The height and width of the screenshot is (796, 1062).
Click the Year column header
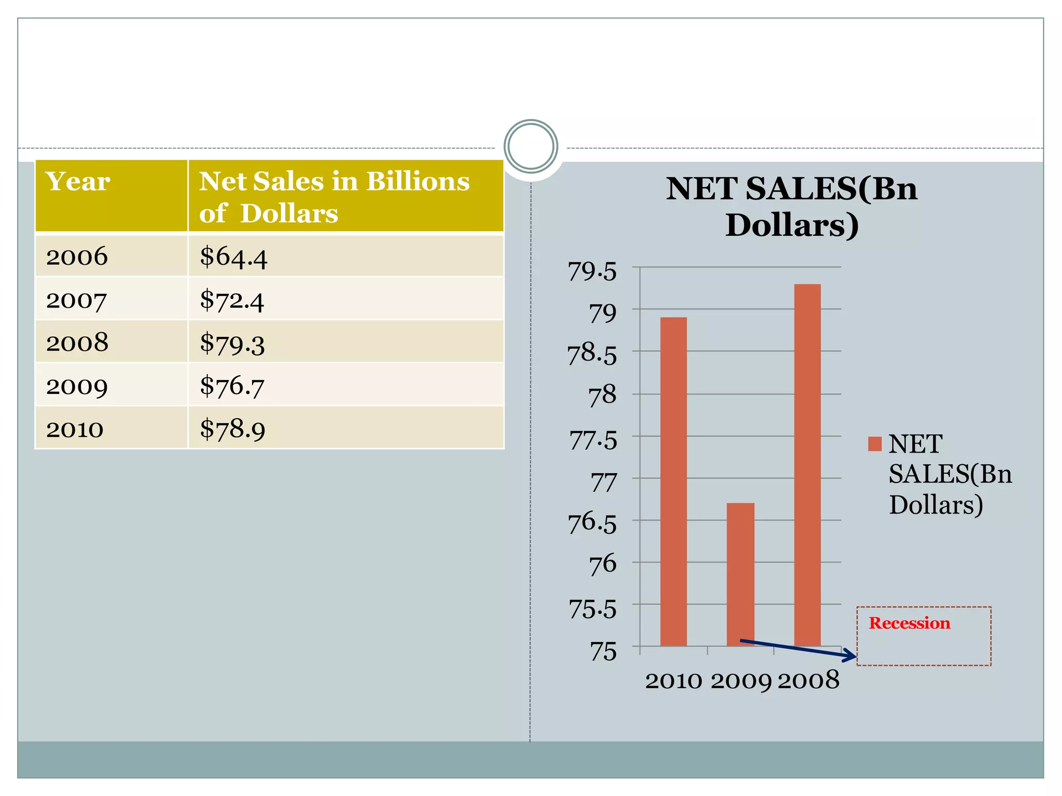click(78, 181)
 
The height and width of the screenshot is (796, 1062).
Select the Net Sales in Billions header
click(334, 196)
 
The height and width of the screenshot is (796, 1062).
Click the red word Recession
click(910, 623)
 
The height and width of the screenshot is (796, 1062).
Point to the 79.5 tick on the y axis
click(592, 271)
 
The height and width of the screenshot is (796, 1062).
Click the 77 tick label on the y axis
click(604, 482)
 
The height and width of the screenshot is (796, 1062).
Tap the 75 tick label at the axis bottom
click(604, 651)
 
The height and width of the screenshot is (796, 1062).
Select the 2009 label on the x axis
click(740, 680)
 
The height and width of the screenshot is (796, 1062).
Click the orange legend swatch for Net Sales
click(875, 444)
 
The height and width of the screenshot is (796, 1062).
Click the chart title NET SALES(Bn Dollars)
click(792, 206)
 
